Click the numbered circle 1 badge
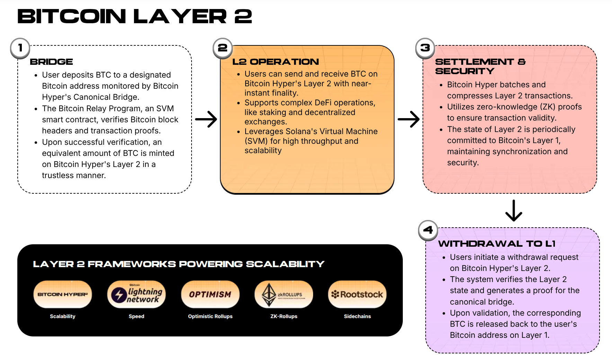(20, 48)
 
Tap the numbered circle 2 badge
(222, 48)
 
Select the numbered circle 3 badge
(425, 48)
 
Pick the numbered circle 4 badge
(428, 230)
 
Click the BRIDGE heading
(51, 62)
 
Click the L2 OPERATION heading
(275, 62)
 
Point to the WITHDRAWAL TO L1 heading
(497, 244)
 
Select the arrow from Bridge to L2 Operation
(206, 119)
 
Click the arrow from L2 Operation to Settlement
(409, 119)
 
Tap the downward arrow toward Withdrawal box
(514, 210)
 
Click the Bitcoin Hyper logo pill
(63, 294)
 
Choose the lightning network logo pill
(136, 294)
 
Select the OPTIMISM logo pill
(210, 294)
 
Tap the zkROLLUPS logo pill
(284, 294)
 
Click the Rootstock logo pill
(357, 294)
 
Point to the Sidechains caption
(357, 316)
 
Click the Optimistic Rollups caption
(210, 316)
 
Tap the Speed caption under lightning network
(136, 316)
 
